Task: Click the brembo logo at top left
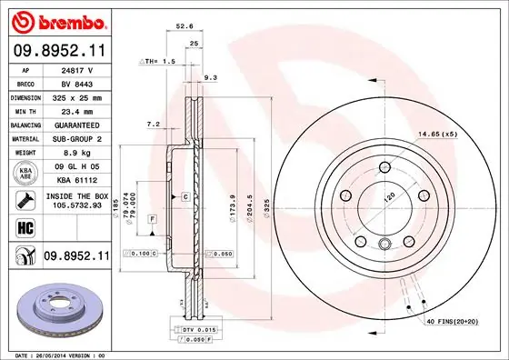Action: [x=56, y=19]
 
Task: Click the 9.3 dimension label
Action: [x=211, y=77]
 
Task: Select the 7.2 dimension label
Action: [x=153, y=123]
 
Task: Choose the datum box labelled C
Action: [x=185, y=196]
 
